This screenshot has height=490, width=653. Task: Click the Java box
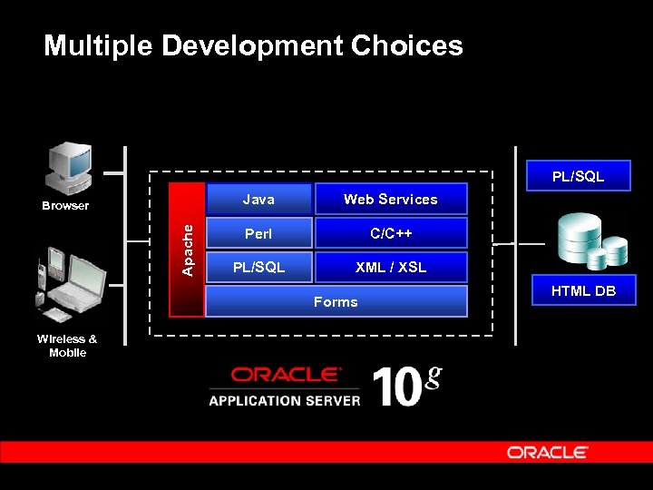click(258, 199)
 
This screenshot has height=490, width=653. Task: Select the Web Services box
click(390, 199)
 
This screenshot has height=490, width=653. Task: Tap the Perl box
click(258, 233)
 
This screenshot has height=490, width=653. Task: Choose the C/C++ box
click(390, 233)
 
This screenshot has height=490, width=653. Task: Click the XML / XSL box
click(390, 268)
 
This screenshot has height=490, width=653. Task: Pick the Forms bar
click(336, 301)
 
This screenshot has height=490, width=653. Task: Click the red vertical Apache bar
click(187, 250)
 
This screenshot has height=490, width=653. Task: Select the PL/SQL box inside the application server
click(258, 268)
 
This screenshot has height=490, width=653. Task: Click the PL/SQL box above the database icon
click(579, 177)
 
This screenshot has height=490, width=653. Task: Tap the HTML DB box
click(583, 290)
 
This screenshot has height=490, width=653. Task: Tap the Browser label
click(65, 206)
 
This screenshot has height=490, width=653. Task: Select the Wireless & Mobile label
click(67, 346)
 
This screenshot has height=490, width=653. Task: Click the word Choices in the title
click(399, 45)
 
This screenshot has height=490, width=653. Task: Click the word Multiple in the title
click(99, 45)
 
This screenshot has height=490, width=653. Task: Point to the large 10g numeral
click(404, 386)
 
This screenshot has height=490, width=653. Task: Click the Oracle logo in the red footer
click(547, 452)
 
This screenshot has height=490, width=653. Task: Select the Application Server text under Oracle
click(284, 400)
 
